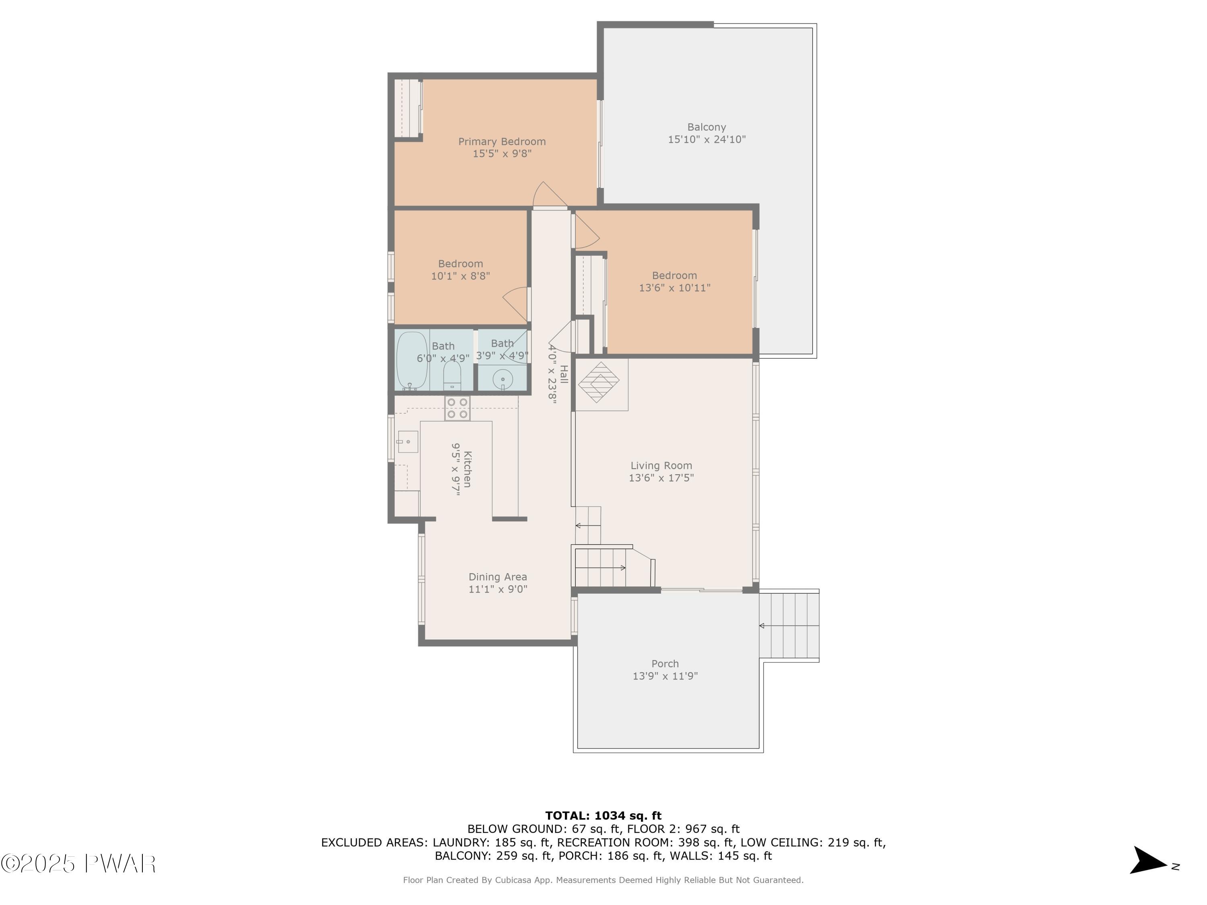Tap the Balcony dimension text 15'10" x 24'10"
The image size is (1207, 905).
(x=706, y=140)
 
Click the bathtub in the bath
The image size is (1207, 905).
(x=412, y=360)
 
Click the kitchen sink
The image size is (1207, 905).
(x=408, y=441)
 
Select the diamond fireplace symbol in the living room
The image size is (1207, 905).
(x=599, y=382)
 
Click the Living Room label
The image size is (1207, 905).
(x=661, y=466)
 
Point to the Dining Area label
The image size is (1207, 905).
(x=498, y=577)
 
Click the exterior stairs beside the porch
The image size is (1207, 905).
(x=789, y=626)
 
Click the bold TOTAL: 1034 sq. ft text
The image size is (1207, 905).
(x=603, y=816)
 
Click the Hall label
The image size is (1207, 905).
(x=564, y=374)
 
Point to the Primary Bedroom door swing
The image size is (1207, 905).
(x=550, y=195)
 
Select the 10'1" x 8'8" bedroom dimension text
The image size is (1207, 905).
(x=461, y=276)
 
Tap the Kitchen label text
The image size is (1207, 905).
(x=468, y=469)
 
